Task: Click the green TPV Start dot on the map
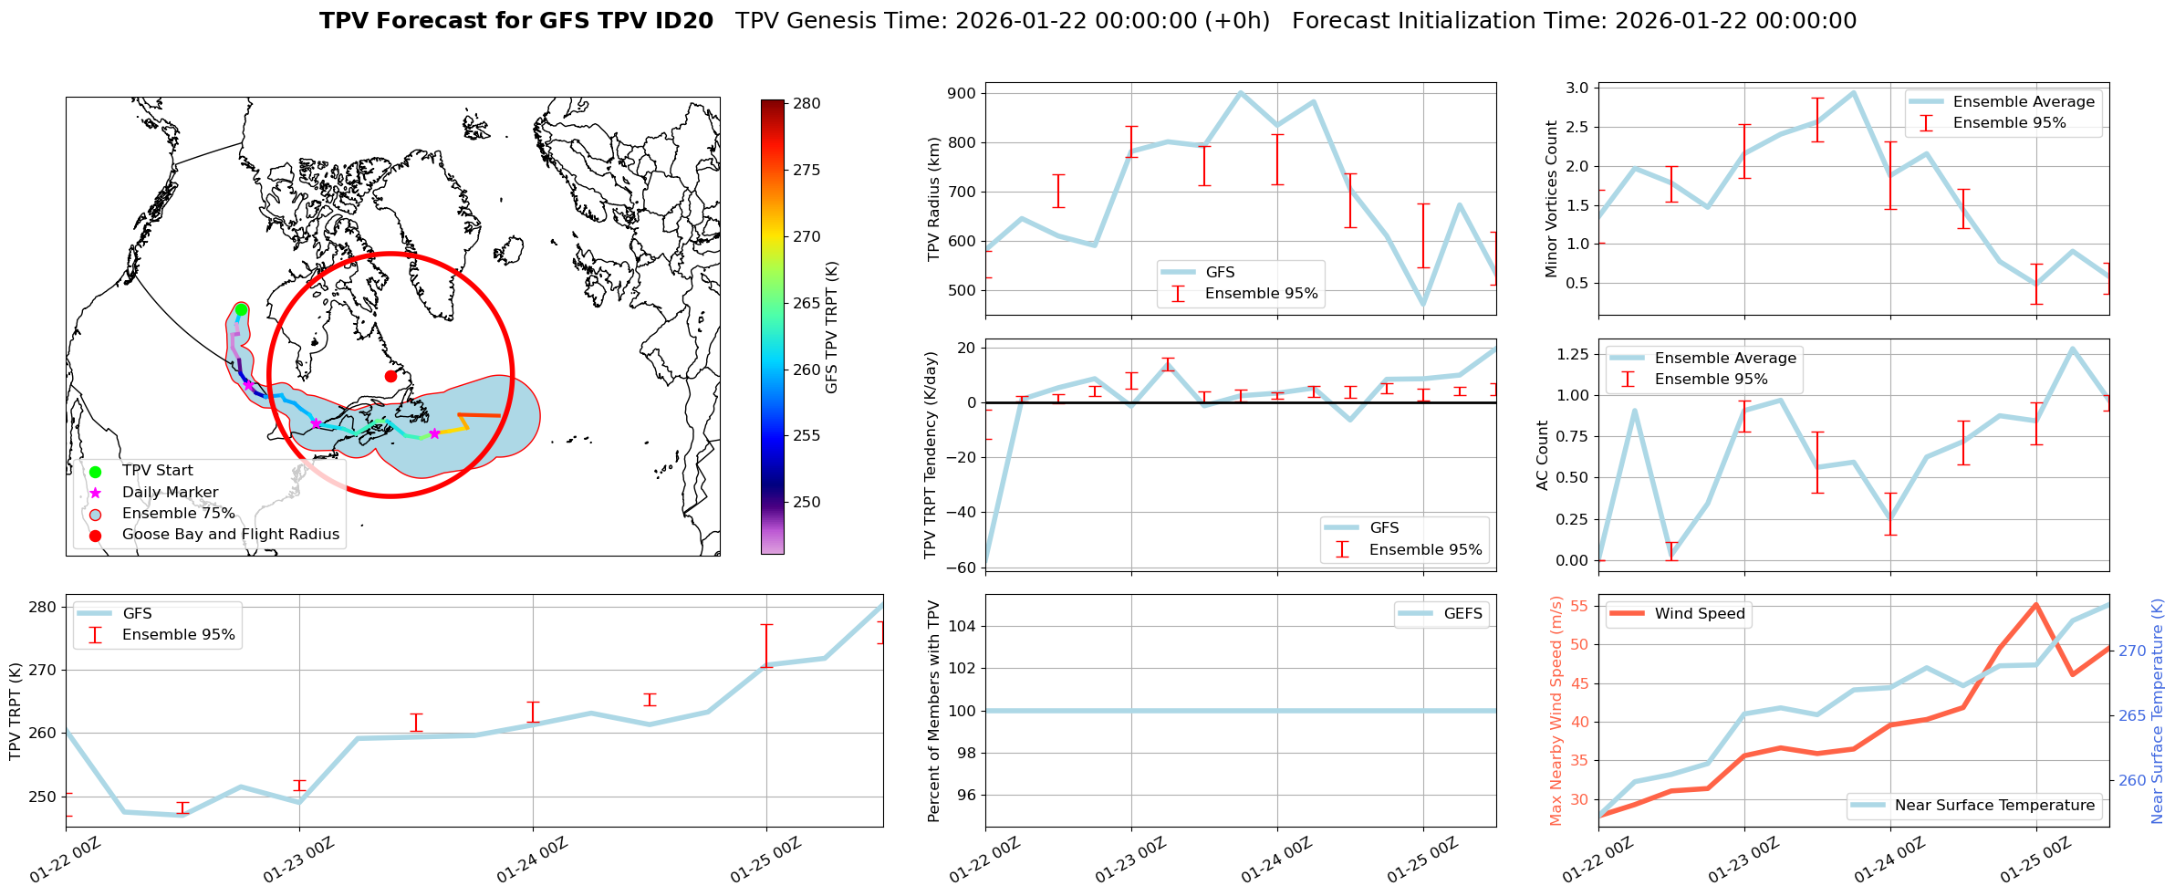[x=241, y=310]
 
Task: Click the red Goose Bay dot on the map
[x=390, y=376]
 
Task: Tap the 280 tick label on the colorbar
[x=807, y=104]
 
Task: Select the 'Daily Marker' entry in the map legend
[x=170, y=493]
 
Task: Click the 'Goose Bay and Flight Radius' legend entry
[x=230, y=535]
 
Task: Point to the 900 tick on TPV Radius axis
[x=963, y=94]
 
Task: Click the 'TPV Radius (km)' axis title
[x=933, y=199]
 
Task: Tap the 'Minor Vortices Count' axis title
[x=1552, y=199]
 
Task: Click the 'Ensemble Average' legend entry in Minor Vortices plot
[x=2024, y=102]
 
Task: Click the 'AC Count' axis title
[x=1543, y=455]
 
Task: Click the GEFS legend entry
[x=1462, y=614]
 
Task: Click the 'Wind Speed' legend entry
[x=1700, y=614]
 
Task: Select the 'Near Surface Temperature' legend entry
[x=1994, y=806]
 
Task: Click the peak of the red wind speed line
[x=2035, y=604]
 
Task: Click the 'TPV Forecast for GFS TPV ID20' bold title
[x=516, y=21]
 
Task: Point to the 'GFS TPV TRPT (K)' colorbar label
[x=831, y=328]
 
